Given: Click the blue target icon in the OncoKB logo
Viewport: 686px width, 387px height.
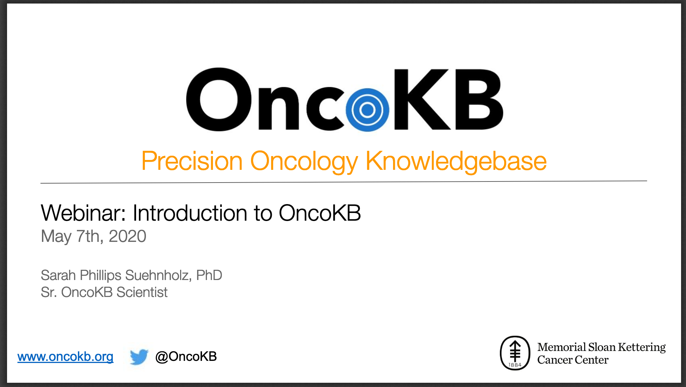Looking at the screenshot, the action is point(367,110).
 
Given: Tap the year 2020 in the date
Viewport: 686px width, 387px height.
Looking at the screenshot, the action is point(127,236).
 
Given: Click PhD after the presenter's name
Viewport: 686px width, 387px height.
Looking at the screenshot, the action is point(209,275).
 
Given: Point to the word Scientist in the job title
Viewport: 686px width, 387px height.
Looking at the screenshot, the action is point(142,292).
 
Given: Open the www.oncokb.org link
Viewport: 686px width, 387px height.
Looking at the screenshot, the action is point(66,357).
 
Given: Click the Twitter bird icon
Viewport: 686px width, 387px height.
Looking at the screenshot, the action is point(139,357).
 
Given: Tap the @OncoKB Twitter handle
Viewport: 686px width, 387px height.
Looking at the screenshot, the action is point(186,357).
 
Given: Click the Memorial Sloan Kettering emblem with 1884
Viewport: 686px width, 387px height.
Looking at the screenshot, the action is point(515,353).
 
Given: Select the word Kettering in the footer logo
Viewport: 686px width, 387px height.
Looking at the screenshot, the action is point(642,347).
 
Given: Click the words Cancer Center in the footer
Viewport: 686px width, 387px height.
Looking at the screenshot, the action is point(573,360).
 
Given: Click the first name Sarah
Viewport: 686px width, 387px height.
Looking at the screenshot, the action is point(59,275).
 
